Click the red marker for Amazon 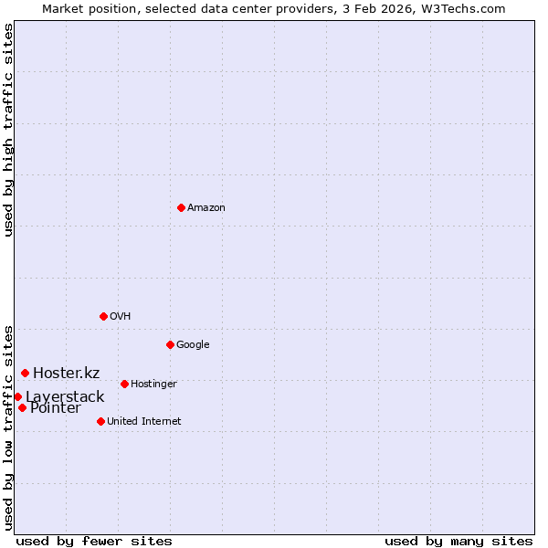coord(181,207)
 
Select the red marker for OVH coord(103,316)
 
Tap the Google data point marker coord(170,344)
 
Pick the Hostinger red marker coord(124,384)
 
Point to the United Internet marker coord(100,421)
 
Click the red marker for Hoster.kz coord(25,373)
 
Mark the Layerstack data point coord(17,396)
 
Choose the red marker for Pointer coord(22,407)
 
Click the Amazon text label coord(206,208)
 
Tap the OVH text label coord(121,317)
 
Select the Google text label coord(193,345)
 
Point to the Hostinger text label coord(153,385)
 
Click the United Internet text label coord(144,422)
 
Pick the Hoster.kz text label coord(67,373)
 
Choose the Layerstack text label coord(65,397)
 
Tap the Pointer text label coord(55,408)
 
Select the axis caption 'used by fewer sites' coord(94,542)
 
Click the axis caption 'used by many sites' coord(458,542)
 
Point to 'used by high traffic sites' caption coord(9,131)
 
